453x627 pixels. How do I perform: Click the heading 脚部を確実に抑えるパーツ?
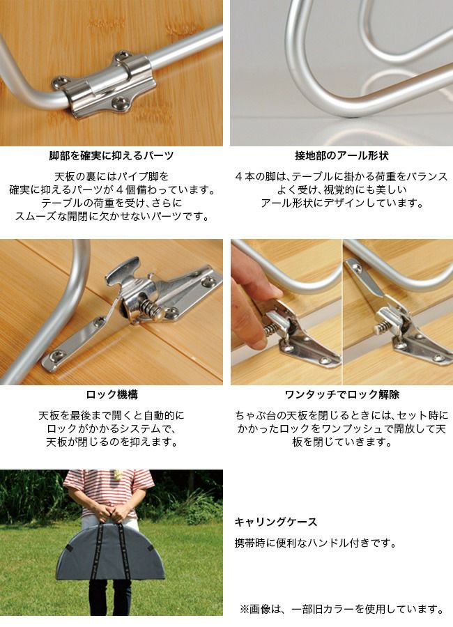click(112, 155)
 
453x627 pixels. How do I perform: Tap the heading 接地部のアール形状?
click(341, 155)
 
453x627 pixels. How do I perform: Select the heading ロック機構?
click(112, 395)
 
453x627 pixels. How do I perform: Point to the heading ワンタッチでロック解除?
click(341, 395)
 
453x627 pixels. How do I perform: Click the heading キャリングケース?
click(276, 522)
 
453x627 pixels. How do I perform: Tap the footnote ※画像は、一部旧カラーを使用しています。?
click(342, 609)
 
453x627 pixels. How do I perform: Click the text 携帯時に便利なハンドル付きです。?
click(315, 543)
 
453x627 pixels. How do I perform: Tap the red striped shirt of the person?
click(108, 490)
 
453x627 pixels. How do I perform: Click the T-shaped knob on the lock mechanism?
click(122, 272)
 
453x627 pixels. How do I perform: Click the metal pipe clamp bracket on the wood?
click(105, 85)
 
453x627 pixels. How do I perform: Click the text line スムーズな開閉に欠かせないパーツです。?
click(112, 217)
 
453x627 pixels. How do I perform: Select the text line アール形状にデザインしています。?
click(342, 203)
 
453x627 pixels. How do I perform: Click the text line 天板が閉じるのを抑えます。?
click(112, 442)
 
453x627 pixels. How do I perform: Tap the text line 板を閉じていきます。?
click(341, 442)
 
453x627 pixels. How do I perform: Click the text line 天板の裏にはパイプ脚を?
click(112, 176)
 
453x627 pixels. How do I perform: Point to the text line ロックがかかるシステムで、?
click(112, 428)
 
